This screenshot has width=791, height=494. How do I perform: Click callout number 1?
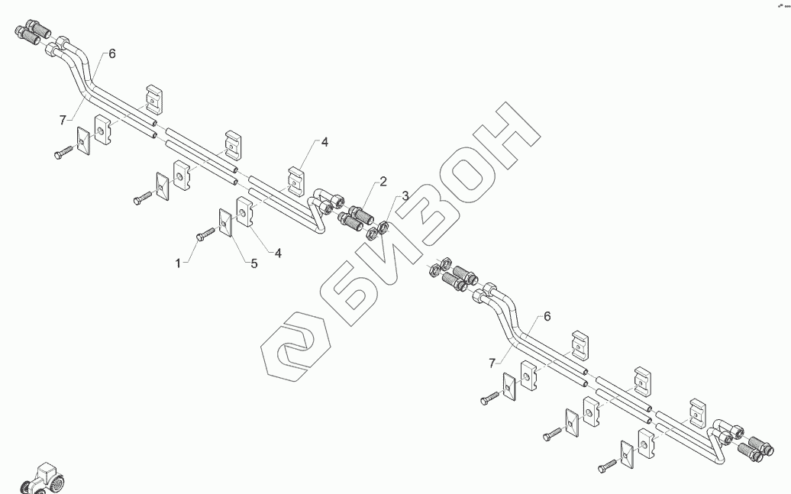[179, 263]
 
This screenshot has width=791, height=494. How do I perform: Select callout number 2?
[383, 181]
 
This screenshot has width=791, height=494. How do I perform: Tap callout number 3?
[405, 196]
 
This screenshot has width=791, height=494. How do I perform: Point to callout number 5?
[254, 263]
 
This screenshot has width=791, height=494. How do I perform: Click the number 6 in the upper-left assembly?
[112, 53]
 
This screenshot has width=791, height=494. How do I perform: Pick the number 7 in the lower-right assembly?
[492, 361]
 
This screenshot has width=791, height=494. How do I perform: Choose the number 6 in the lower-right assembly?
[546, 316]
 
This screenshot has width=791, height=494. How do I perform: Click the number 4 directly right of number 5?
[278, 253]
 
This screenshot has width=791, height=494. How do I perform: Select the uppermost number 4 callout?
[324, 142]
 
